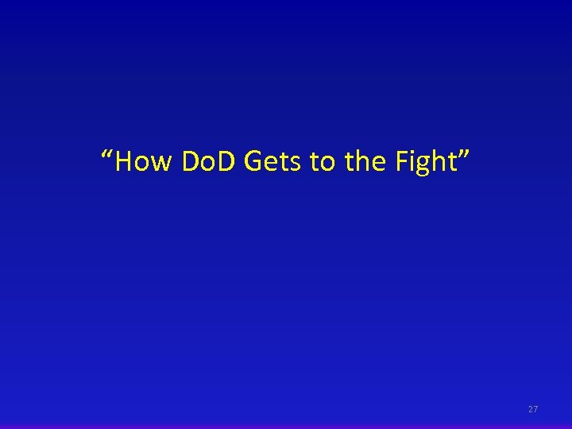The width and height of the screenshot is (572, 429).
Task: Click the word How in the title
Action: [144, 162]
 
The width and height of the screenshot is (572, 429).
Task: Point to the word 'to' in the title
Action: [322, 162]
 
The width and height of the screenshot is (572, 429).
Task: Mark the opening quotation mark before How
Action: [108, 154]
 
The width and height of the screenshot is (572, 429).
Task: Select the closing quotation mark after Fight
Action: [464, 154]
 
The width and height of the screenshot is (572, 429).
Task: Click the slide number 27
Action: [533, 409]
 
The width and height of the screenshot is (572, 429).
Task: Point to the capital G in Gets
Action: [255, 162]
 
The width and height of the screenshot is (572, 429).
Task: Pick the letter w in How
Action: [161, 164]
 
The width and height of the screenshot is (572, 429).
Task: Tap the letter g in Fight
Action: [425, 166]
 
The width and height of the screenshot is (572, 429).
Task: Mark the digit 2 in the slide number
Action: [531, 409]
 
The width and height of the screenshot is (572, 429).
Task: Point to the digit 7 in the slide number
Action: [536, 409]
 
